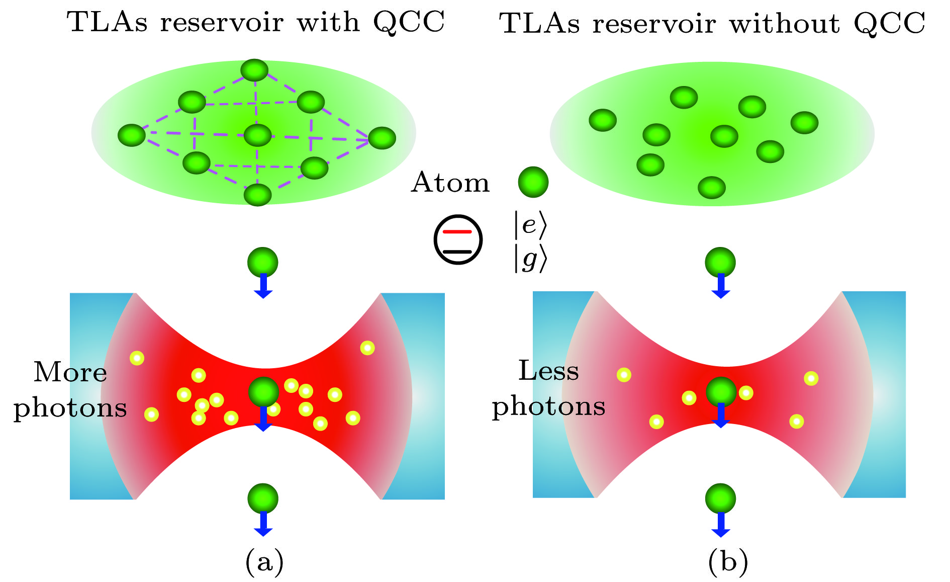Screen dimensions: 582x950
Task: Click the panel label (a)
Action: click(x=264, y=562)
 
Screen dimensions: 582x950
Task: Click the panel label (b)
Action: click(x=728, y=562)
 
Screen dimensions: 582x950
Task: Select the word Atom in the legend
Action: click(x=450, y=182)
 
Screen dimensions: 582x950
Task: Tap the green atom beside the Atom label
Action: click(x=533, y=182)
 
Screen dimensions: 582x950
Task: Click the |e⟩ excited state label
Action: click(x=529, y=225)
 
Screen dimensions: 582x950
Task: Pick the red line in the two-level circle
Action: click(x=457, y=232)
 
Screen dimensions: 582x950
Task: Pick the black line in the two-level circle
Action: click(x=457, y=251)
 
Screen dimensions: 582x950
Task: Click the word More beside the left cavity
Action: click(x=70, y=373)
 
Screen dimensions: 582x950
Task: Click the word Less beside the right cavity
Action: click(x=548, y=371)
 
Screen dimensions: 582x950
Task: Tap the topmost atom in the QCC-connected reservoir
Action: click(x=254, y=70)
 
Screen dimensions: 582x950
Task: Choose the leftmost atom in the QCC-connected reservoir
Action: click(x=132, y=135)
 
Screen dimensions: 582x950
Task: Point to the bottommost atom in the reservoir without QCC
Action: click(x=712, y=188)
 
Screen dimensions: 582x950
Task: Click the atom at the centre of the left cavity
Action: click(x=263, y=391)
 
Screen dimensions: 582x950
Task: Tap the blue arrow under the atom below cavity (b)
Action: click(x=721, y=525)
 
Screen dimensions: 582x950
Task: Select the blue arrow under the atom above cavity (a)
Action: click(x=263, y=287)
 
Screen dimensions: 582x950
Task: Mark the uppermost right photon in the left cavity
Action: click(x=367, y=348)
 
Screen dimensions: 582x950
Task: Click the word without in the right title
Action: click(x=784, y=24)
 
